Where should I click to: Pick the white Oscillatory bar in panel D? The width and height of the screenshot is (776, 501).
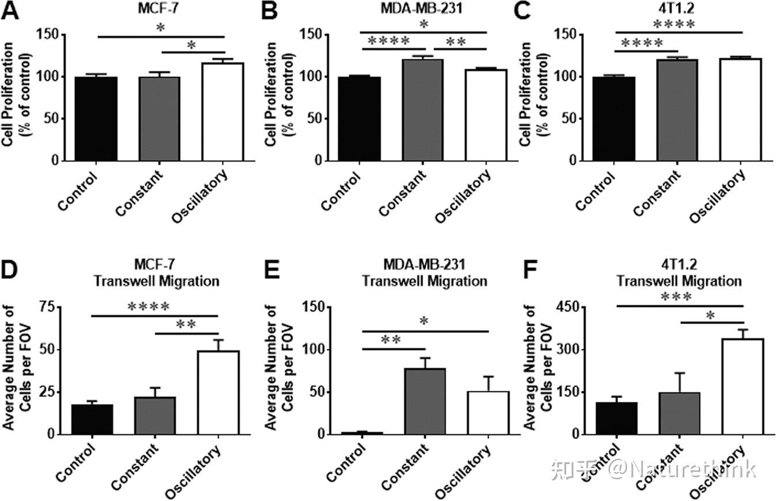218,392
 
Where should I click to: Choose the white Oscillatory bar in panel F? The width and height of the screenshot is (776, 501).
742,386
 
